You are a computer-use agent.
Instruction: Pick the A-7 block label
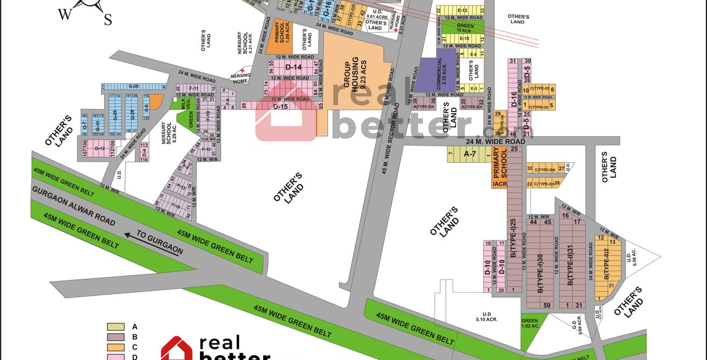[470, 155]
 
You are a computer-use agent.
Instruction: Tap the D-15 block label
[281, 107]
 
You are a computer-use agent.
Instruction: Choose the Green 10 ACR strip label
[465, 28]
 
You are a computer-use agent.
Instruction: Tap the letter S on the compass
[108, 20]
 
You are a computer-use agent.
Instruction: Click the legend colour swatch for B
[115, 337]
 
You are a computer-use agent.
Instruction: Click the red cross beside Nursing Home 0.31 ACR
[396, 30]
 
